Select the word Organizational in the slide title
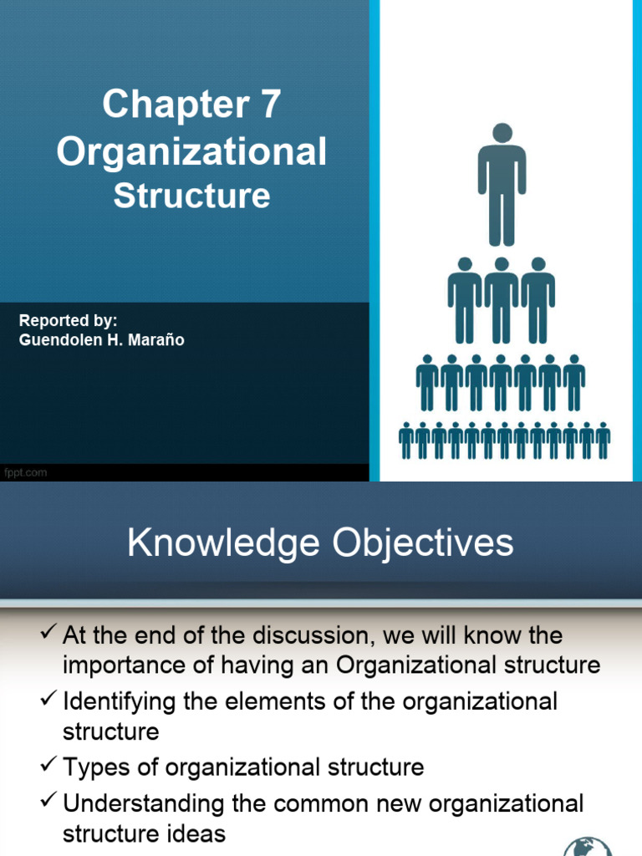191,152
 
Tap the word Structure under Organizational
191,196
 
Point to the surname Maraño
154,339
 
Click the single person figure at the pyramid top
502,186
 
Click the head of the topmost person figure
502,133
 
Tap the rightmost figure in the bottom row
603,441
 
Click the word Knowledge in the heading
223,543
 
